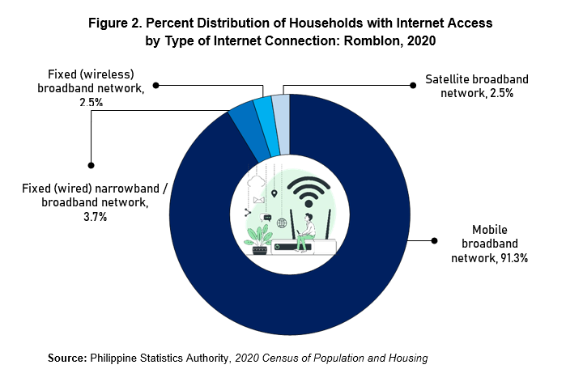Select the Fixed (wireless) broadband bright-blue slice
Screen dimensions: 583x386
click(x=267, y=127)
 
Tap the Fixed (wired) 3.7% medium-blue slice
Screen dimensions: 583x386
click(x=249, y=132)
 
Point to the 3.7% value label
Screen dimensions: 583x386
click(x=96, y=217)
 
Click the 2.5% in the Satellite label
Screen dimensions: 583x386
click(x=501, y=93)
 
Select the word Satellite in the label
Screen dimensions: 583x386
click(x=444, y=79)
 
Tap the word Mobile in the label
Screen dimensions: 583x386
click(x=490, y=230)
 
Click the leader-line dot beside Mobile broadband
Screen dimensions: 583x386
click(x=434, y=240)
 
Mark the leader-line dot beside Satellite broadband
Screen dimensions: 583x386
click(x=413, y=86)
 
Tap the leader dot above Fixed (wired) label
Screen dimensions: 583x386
click(x=91, y=165)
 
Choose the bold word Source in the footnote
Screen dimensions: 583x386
click(x=67, y=358)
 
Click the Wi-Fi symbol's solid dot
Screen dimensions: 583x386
click(x=309, y=204)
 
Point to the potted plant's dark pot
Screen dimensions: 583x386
click(x=260, y=250)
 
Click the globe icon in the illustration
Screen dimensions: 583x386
click(x=282, y=223)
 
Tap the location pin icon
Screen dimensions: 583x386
click(x=274, y=193)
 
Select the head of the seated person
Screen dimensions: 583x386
click(x=309, y=217)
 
